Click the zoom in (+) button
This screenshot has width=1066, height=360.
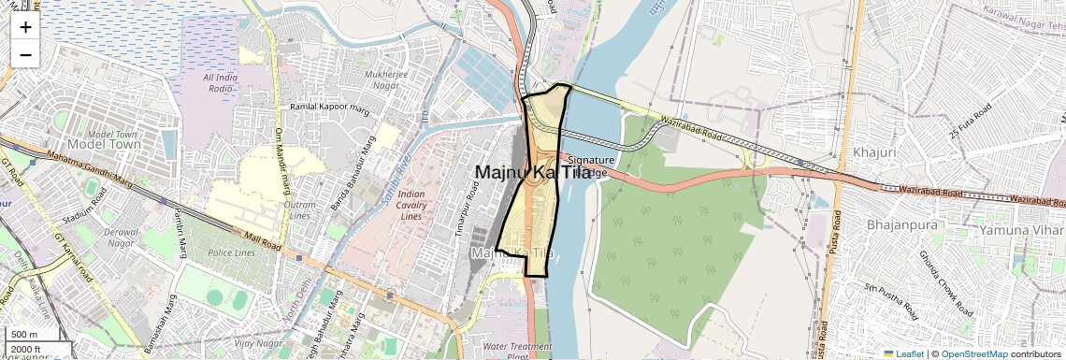pyautogui.click(x=25, y=27)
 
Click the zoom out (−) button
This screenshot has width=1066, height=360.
pyautogui.click(x=25, y=55)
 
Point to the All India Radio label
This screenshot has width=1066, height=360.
pyautogui.click(x=221, y=82)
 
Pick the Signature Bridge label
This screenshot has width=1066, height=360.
pyautogui.click(x=590, y=166)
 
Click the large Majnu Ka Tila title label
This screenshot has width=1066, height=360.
pyautogui.click(x=533, y=173)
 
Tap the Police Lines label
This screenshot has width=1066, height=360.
pyautogui.click(x=233, y=253)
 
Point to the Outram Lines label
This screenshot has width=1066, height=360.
pyautogui.click(x=299, y=209)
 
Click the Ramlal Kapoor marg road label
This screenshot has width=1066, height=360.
pyautogui.click(x=330, y=108)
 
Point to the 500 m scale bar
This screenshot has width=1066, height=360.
pyautogui.click(x=25, y=335)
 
